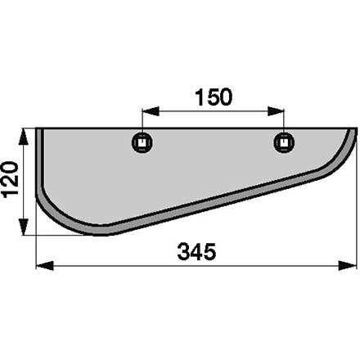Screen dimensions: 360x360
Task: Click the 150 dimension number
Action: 214,97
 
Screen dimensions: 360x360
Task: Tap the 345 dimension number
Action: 196,251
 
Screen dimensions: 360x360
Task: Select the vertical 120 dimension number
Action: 10,179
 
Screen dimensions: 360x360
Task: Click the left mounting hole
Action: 142,142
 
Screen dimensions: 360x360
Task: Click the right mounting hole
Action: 284,142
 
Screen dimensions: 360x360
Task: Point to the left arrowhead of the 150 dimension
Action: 151,111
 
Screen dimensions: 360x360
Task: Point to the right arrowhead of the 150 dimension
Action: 276,111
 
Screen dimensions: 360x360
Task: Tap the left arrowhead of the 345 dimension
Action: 45,265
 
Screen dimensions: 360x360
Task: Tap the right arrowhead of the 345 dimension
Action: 348,265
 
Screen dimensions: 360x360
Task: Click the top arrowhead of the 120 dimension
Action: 24,136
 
